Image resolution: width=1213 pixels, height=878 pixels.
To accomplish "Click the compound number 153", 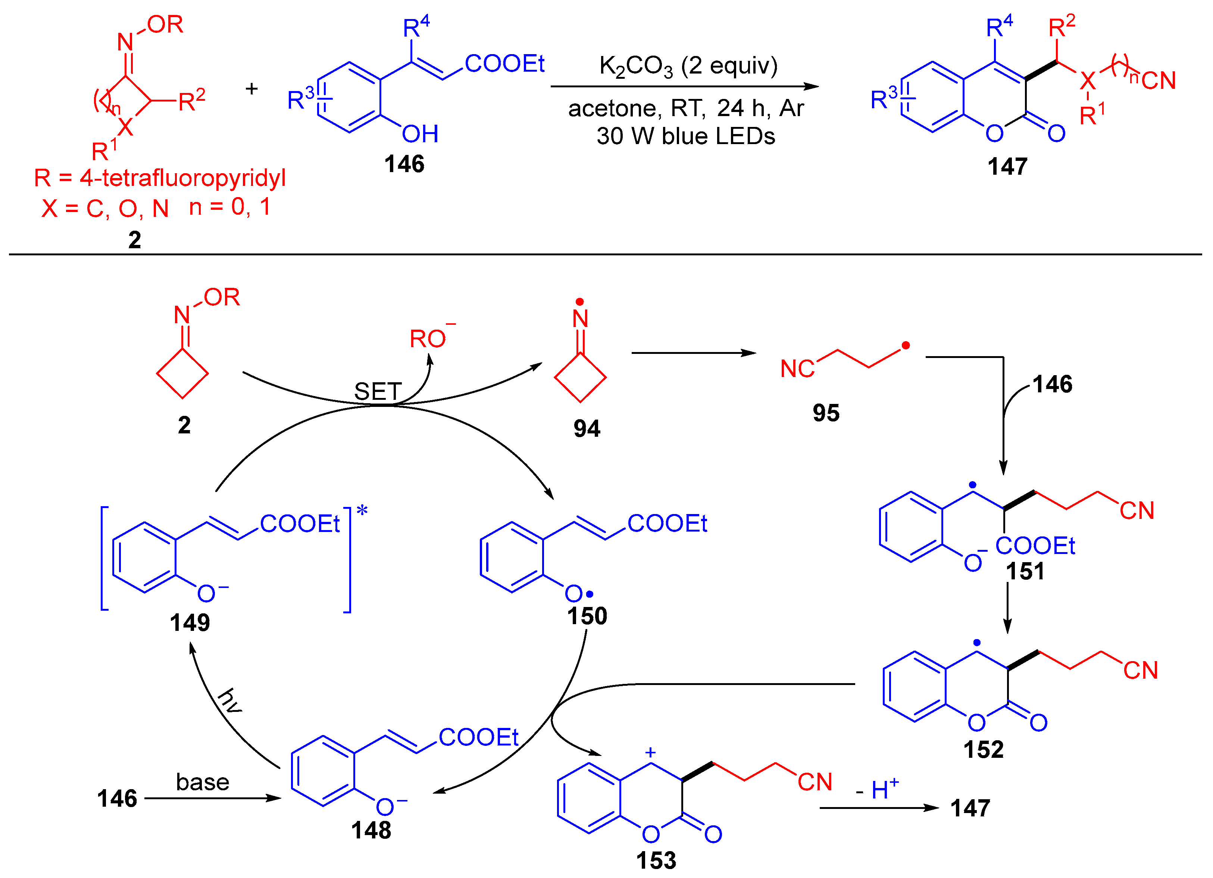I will tap(656, 860).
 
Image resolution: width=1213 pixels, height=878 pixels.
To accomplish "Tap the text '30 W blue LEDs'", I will tap(686, 136).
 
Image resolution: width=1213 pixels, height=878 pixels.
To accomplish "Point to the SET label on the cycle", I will tap(378, 392).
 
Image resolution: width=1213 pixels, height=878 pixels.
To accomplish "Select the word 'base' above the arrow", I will tap(203, 782).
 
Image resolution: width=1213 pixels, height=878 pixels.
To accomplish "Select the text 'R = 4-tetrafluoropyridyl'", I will tap(160, 178).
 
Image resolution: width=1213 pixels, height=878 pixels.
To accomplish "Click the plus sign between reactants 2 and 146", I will tap(251, 89).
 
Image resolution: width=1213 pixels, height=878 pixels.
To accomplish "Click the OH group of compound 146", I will tap(421, 134).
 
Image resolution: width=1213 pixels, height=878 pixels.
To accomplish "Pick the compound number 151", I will tap(1025, 572).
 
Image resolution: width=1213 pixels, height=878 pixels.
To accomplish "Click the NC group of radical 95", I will tap(797, 369).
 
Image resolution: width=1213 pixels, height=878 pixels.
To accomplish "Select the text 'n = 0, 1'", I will tap(230, 207).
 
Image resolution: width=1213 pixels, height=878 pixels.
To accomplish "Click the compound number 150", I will tap(587, 616).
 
